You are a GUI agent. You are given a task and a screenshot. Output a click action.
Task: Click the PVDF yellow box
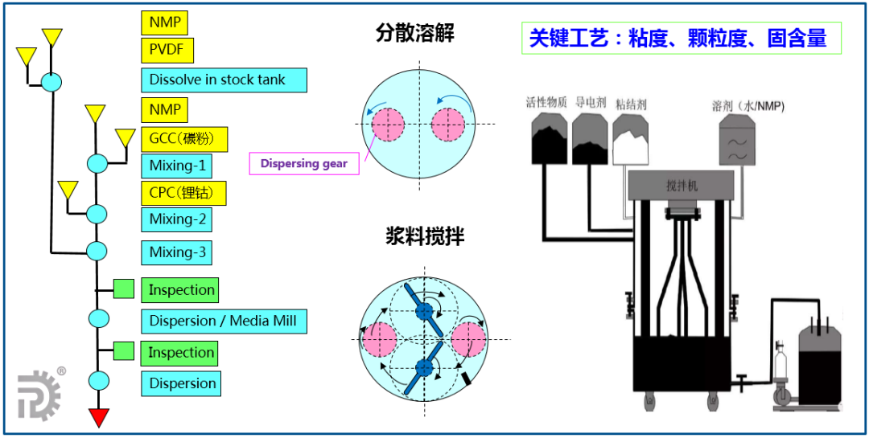(167, 51)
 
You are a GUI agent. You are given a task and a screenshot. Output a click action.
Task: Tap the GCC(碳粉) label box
(183, 139)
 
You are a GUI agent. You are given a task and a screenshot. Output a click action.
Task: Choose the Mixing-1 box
(177, 167)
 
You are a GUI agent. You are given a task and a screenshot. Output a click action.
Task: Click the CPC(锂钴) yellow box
(183, 193)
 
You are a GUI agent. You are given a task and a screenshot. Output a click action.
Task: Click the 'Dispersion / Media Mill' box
(223, 321)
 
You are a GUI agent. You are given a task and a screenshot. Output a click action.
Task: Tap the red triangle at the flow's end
(98, 417)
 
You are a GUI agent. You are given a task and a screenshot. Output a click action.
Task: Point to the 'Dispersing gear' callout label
(303, 163)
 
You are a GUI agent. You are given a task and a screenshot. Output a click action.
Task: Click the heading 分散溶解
(414, 34)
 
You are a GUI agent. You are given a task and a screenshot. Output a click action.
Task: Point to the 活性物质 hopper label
(546, 104)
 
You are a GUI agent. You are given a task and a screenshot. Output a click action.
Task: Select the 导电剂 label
(589, 104)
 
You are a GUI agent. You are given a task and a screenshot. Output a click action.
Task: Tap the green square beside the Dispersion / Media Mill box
(123, 350)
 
